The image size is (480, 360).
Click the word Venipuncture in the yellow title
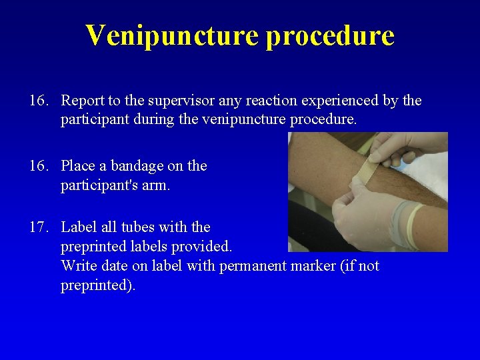click(171, 35)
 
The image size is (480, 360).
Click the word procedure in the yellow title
click(329, 35)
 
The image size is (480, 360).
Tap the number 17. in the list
click(39, 227)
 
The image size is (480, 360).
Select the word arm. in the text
click(157, 185)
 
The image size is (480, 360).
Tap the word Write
click(79, 266)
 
